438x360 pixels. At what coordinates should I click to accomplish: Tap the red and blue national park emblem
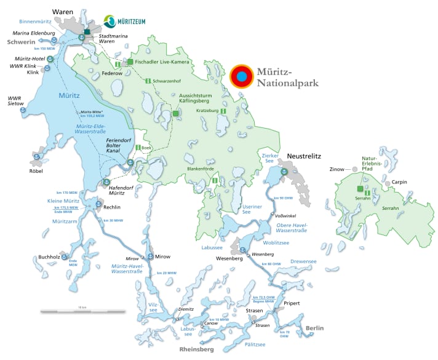(x=242, y=77)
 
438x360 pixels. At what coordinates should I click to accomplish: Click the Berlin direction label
(x=314, y=328)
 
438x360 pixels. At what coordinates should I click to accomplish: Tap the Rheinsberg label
(x=196, y=349)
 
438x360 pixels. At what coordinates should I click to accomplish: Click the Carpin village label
(x=400, y=182)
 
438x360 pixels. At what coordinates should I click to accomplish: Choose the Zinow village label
(x=337, y=169)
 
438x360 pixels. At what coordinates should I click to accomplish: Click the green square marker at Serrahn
(x=358, y=189)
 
